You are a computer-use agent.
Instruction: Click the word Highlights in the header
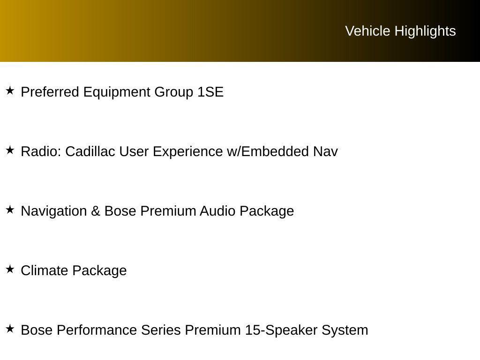[425, 31]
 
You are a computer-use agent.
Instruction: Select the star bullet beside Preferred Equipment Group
[10, 90]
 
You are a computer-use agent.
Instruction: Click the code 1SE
[210, 92]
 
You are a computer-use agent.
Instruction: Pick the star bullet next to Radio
[10, 150]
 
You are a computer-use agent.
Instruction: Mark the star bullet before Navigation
[10, 210]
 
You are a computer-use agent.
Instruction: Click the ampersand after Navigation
[96, 211]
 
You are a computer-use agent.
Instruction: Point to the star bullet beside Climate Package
[10, 269]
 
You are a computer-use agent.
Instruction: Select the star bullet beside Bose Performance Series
[10, 329]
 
